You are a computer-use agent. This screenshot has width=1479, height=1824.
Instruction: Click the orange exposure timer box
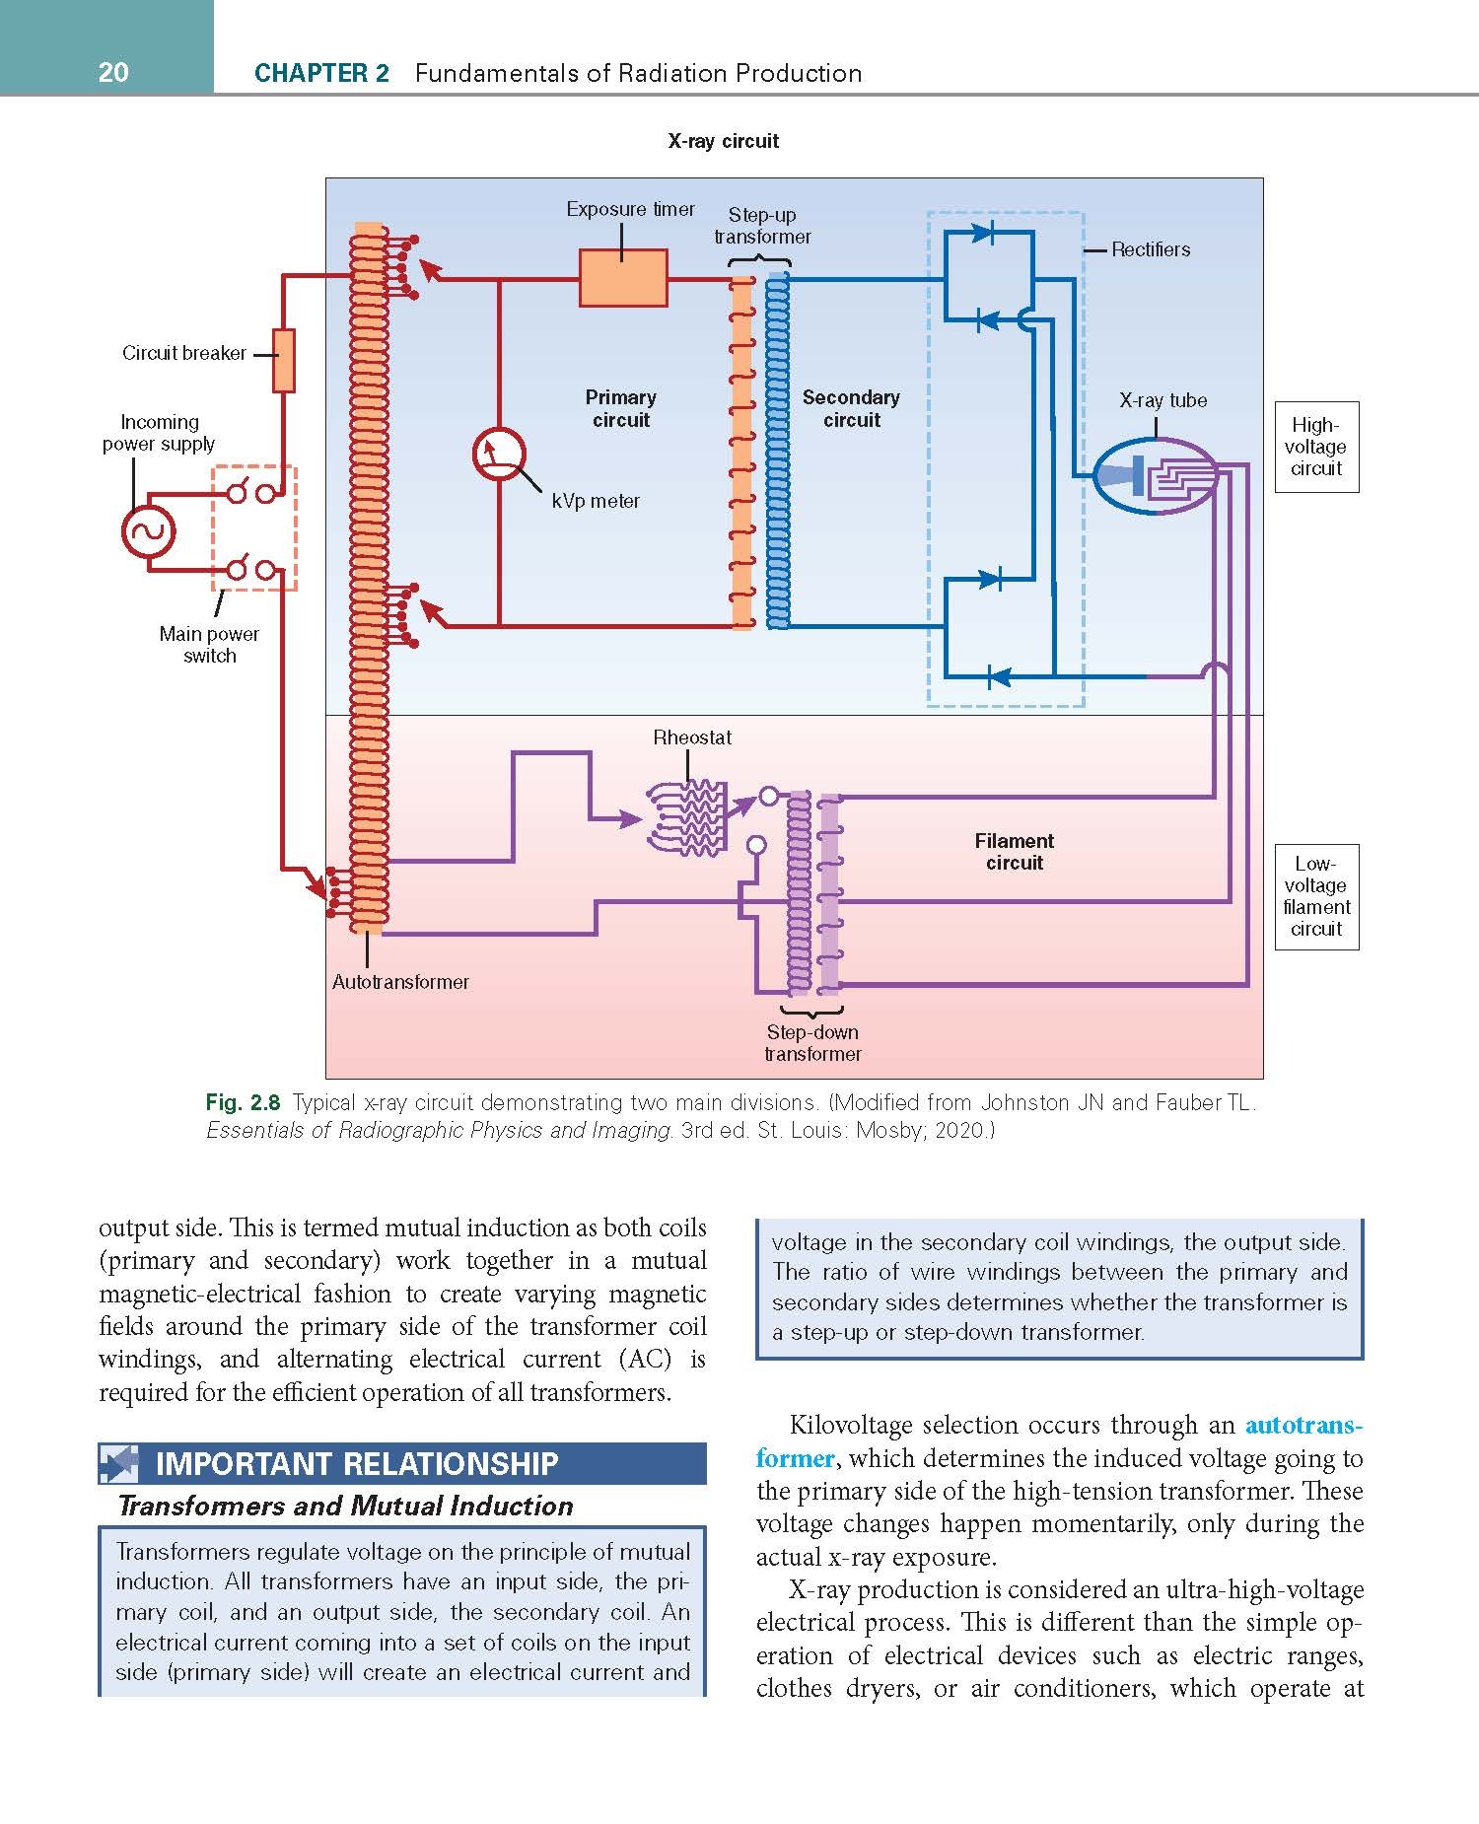click(623, 278)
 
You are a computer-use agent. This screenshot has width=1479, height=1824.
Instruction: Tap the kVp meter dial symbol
click(499, 455)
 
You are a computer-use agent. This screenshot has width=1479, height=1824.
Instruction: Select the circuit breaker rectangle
click(283, 360)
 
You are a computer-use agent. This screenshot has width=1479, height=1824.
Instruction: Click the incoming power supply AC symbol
click(148, 533)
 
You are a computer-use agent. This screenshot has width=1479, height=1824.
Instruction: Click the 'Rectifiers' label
click(1151, 249)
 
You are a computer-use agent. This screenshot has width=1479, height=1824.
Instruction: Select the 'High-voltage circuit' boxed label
click(1316, 447)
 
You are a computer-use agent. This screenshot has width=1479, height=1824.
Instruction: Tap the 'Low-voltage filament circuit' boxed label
click(1316, 896)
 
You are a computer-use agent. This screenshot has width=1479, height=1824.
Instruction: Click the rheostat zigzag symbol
click(688, 816)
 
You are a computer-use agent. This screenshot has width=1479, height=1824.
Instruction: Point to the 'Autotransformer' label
click(400, 982)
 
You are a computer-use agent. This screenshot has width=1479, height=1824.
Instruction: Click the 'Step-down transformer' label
click(812, 1043)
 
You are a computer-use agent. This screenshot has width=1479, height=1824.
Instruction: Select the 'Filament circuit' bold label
click(1015, 852)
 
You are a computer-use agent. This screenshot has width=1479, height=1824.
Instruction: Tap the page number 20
click(113, 72)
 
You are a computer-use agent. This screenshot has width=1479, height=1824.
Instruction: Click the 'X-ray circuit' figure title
click(724, 141)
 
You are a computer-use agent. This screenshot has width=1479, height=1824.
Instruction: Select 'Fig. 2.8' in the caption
click(244, 1102)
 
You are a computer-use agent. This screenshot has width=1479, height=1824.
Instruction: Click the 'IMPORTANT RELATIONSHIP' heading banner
click(402, 1463)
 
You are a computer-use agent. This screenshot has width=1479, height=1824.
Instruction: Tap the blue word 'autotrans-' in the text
click(1304, 1426)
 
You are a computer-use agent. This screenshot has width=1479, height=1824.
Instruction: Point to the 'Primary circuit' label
click(620, 408)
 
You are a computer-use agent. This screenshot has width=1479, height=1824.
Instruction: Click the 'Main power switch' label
click(209, 645)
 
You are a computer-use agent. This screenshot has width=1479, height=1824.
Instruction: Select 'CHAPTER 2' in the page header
click(321, 73)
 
